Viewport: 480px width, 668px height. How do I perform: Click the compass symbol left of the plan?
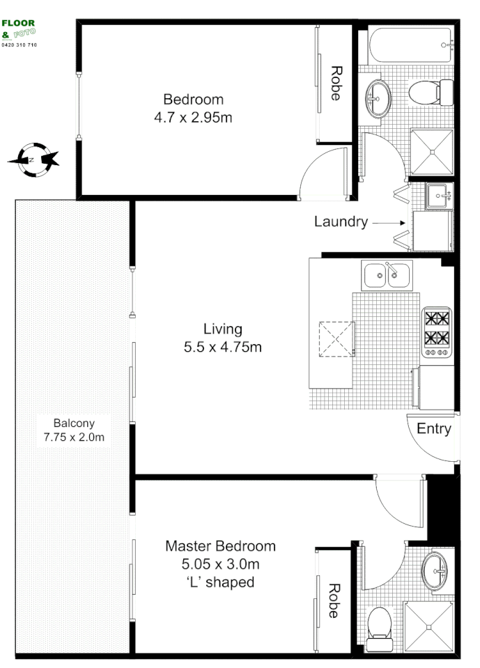click(x=33, y=159)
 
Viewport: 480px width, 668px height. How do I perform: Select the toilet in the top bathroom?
click(x=429, y=92)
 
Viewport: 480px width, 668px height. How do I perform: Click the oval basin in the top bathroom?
click(x=378, y=96)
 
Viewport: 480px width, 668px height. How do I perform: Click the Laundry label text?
click(x=341, y=222)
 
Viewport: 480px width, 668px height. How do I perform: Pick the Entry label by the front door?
click(x=434, y=429)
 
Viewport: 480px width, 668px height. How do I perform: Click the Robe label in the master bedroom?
click(x=333, y=600)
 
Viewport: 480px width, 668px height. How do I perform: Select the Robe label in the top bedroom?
click(x=336, y=84)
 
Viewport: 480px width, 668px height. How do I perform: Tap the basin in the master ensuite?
click(x=435, y=571)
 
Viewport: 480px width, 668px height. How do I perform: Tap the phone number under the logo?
click(x=20, y=45)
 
